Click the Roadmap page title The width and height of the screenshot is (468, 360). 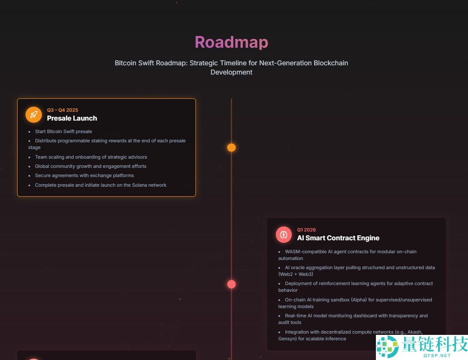click(231, 42)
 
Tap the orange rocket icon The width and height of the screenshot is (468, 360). click(34, 115)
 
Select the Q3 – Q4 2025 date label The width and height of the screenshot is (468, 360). click(62, 110)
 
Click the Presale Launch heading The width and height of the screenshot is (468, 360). click(72, 118)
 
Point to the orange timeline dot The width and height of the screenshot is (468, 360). click(231, 147)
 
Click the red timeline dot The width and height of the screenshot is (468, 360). click(231, 284)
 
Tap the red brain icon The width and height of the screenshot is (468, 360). click(284, 234)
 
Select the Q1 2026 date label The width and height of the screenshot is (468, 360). click(306, 230)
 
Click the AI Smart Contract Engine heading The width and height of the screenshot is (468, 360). click(338, 238)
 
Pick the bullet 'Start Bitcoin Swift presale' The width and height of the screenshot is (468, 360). click(63, 131)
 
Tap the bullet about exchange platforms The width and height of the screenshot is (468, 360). click(84, 175)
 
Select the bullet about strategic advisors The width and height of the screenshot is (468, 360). click(91, 157)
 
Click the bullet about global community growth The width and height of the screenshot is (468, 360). click(90, 166)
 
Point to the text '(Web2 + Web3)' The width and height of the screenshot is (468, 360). click(296, 274)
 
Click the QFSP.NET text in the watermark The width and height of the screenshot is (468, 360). click(437, 355)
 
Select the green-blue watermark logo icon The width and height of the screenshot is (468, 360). click(387, 347)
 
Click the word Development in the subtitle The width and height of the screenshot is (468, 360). click(231, 72)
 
